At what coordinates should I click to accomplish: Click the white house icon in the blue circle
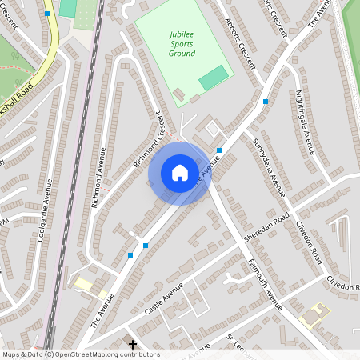[x=180, y=173]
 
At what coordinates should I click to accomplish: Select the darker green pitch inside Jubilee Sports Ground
[x=213, y=78]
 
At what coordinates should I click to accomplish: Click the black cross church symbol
[x=132, y=344]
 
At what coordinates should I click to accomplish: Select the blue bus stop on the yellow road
[x=47, y=14]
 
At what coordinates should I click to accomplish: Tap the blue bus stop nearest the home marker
[x=218, y=150]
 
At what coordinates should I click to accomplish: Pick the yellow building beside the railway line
[x=84, y=283]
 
